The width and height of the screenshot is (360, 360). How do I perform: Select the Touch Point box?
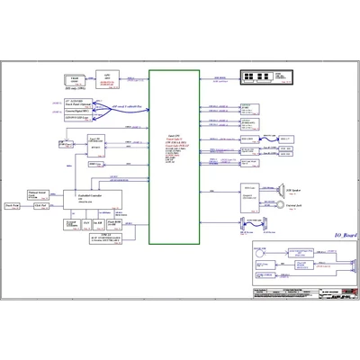pyautogui.click(x=14, y=205)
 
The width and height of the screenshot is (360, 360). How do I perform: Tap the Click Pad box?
pyautogui.click(x=40, y=205)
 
